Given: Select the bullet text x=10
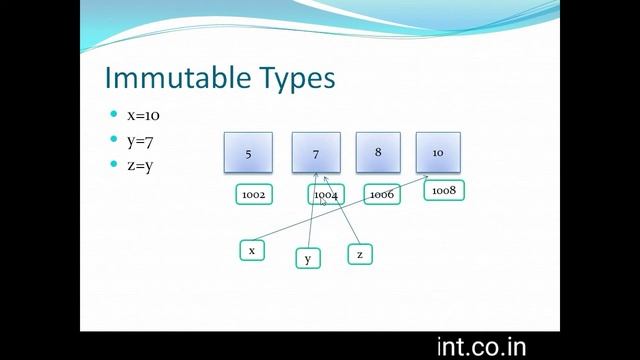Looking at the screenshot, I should [143, 115].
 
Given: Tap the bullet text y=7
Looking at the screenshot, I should [139, 140].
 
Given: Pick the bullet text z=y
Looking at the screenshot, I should [139, 165].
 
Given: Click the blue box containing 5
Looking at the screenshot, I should [247, 153].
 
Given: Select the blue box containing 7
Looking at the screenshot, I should [316, 153].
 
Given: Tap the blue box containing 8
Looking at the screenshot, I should [378, 152].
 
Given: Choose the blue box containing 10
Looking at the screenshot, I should [438, 152].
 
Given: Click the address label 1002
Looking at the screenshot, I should [253, 194].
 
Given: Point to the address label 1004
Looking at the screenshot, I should [326, 194].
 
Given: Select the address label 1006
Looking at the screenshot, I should [381, 194].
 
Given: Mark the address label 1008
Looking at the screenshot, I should [444, 189].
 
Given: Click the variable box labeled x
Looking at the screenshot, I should [252, 250].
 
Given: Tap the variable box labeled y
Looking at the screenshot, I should [308, 259].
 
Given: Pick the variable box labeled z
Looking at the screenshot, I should [360, 254].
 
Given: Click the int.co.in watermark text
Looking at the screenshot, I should [481, 346].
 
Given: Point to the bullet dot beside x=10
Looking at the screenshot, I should [113, 115].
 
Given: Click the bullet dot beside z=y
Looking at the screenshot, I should [113, 165].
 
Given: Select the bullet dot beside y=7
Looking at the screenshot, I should [113, 140].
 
